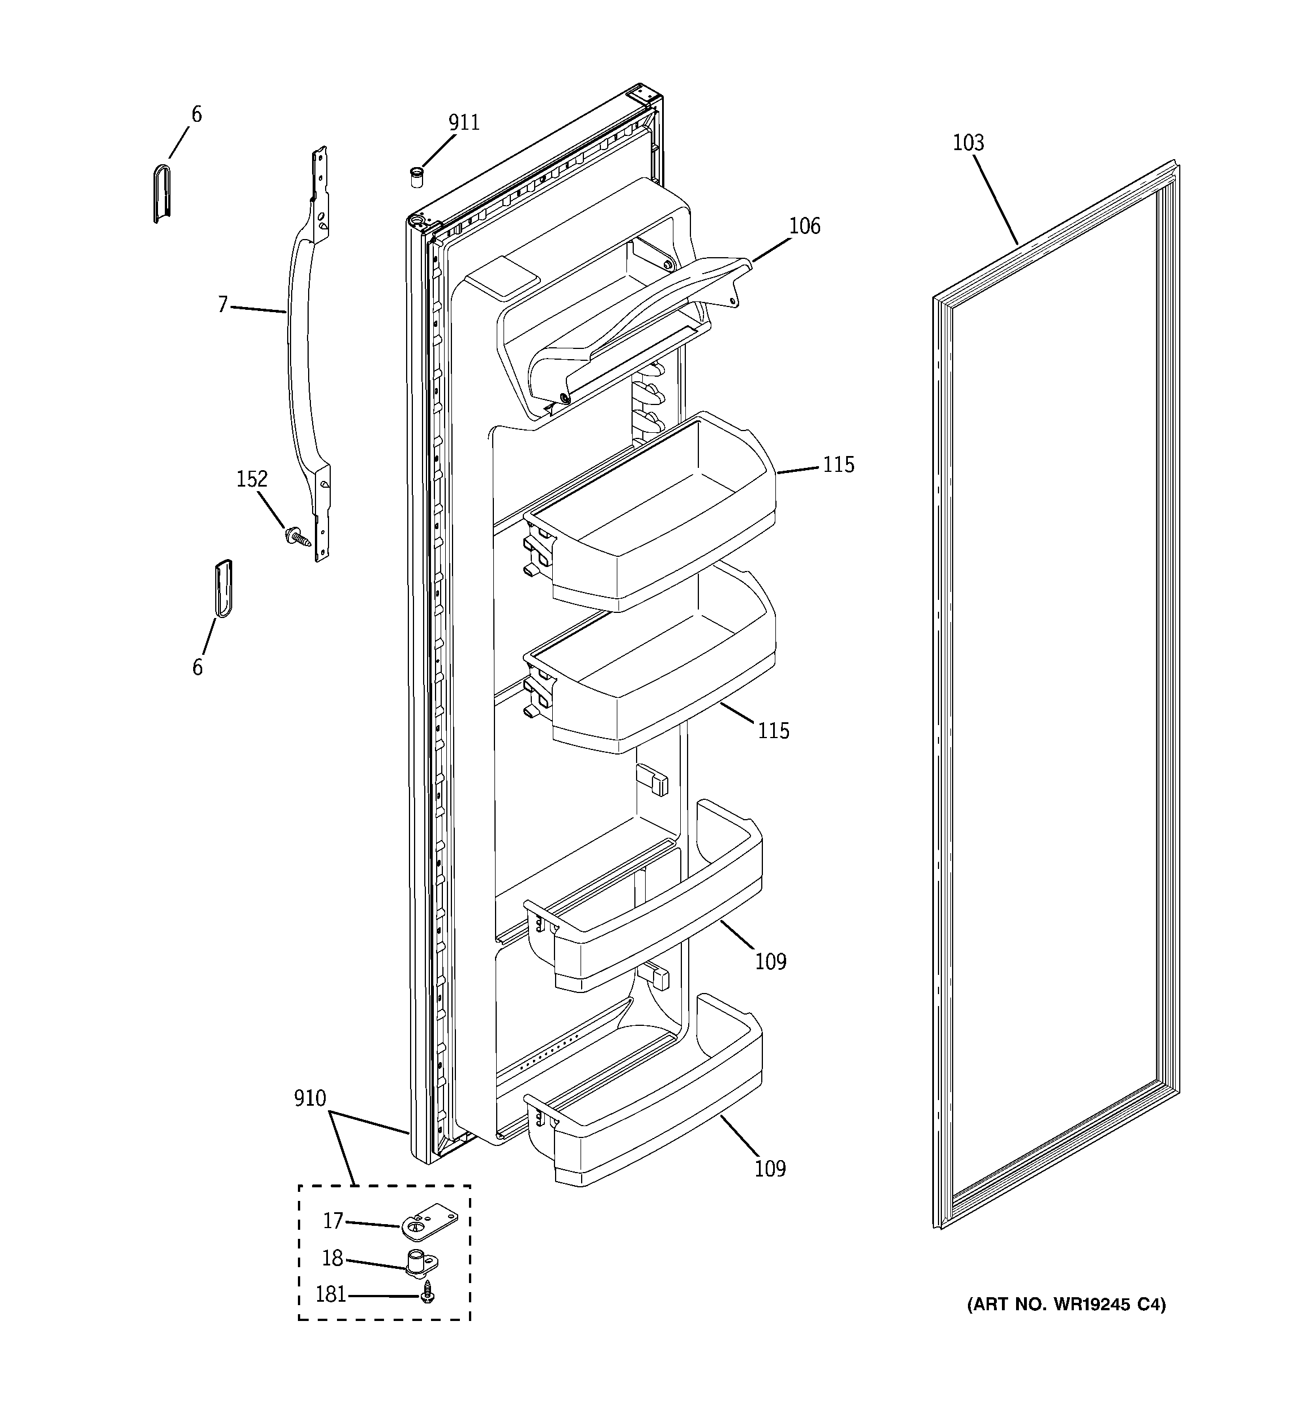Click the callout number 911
463,123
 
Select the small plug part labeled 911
417,176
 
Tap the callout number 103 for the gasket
968,143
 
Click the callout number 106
804,227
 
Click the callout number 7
223,305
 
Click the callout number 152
252,480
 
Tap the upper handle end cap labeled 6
161,193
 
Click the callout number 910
310,1099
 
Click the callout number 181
330,1295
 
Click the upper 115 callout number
838,465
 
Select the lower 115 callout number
773,731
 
